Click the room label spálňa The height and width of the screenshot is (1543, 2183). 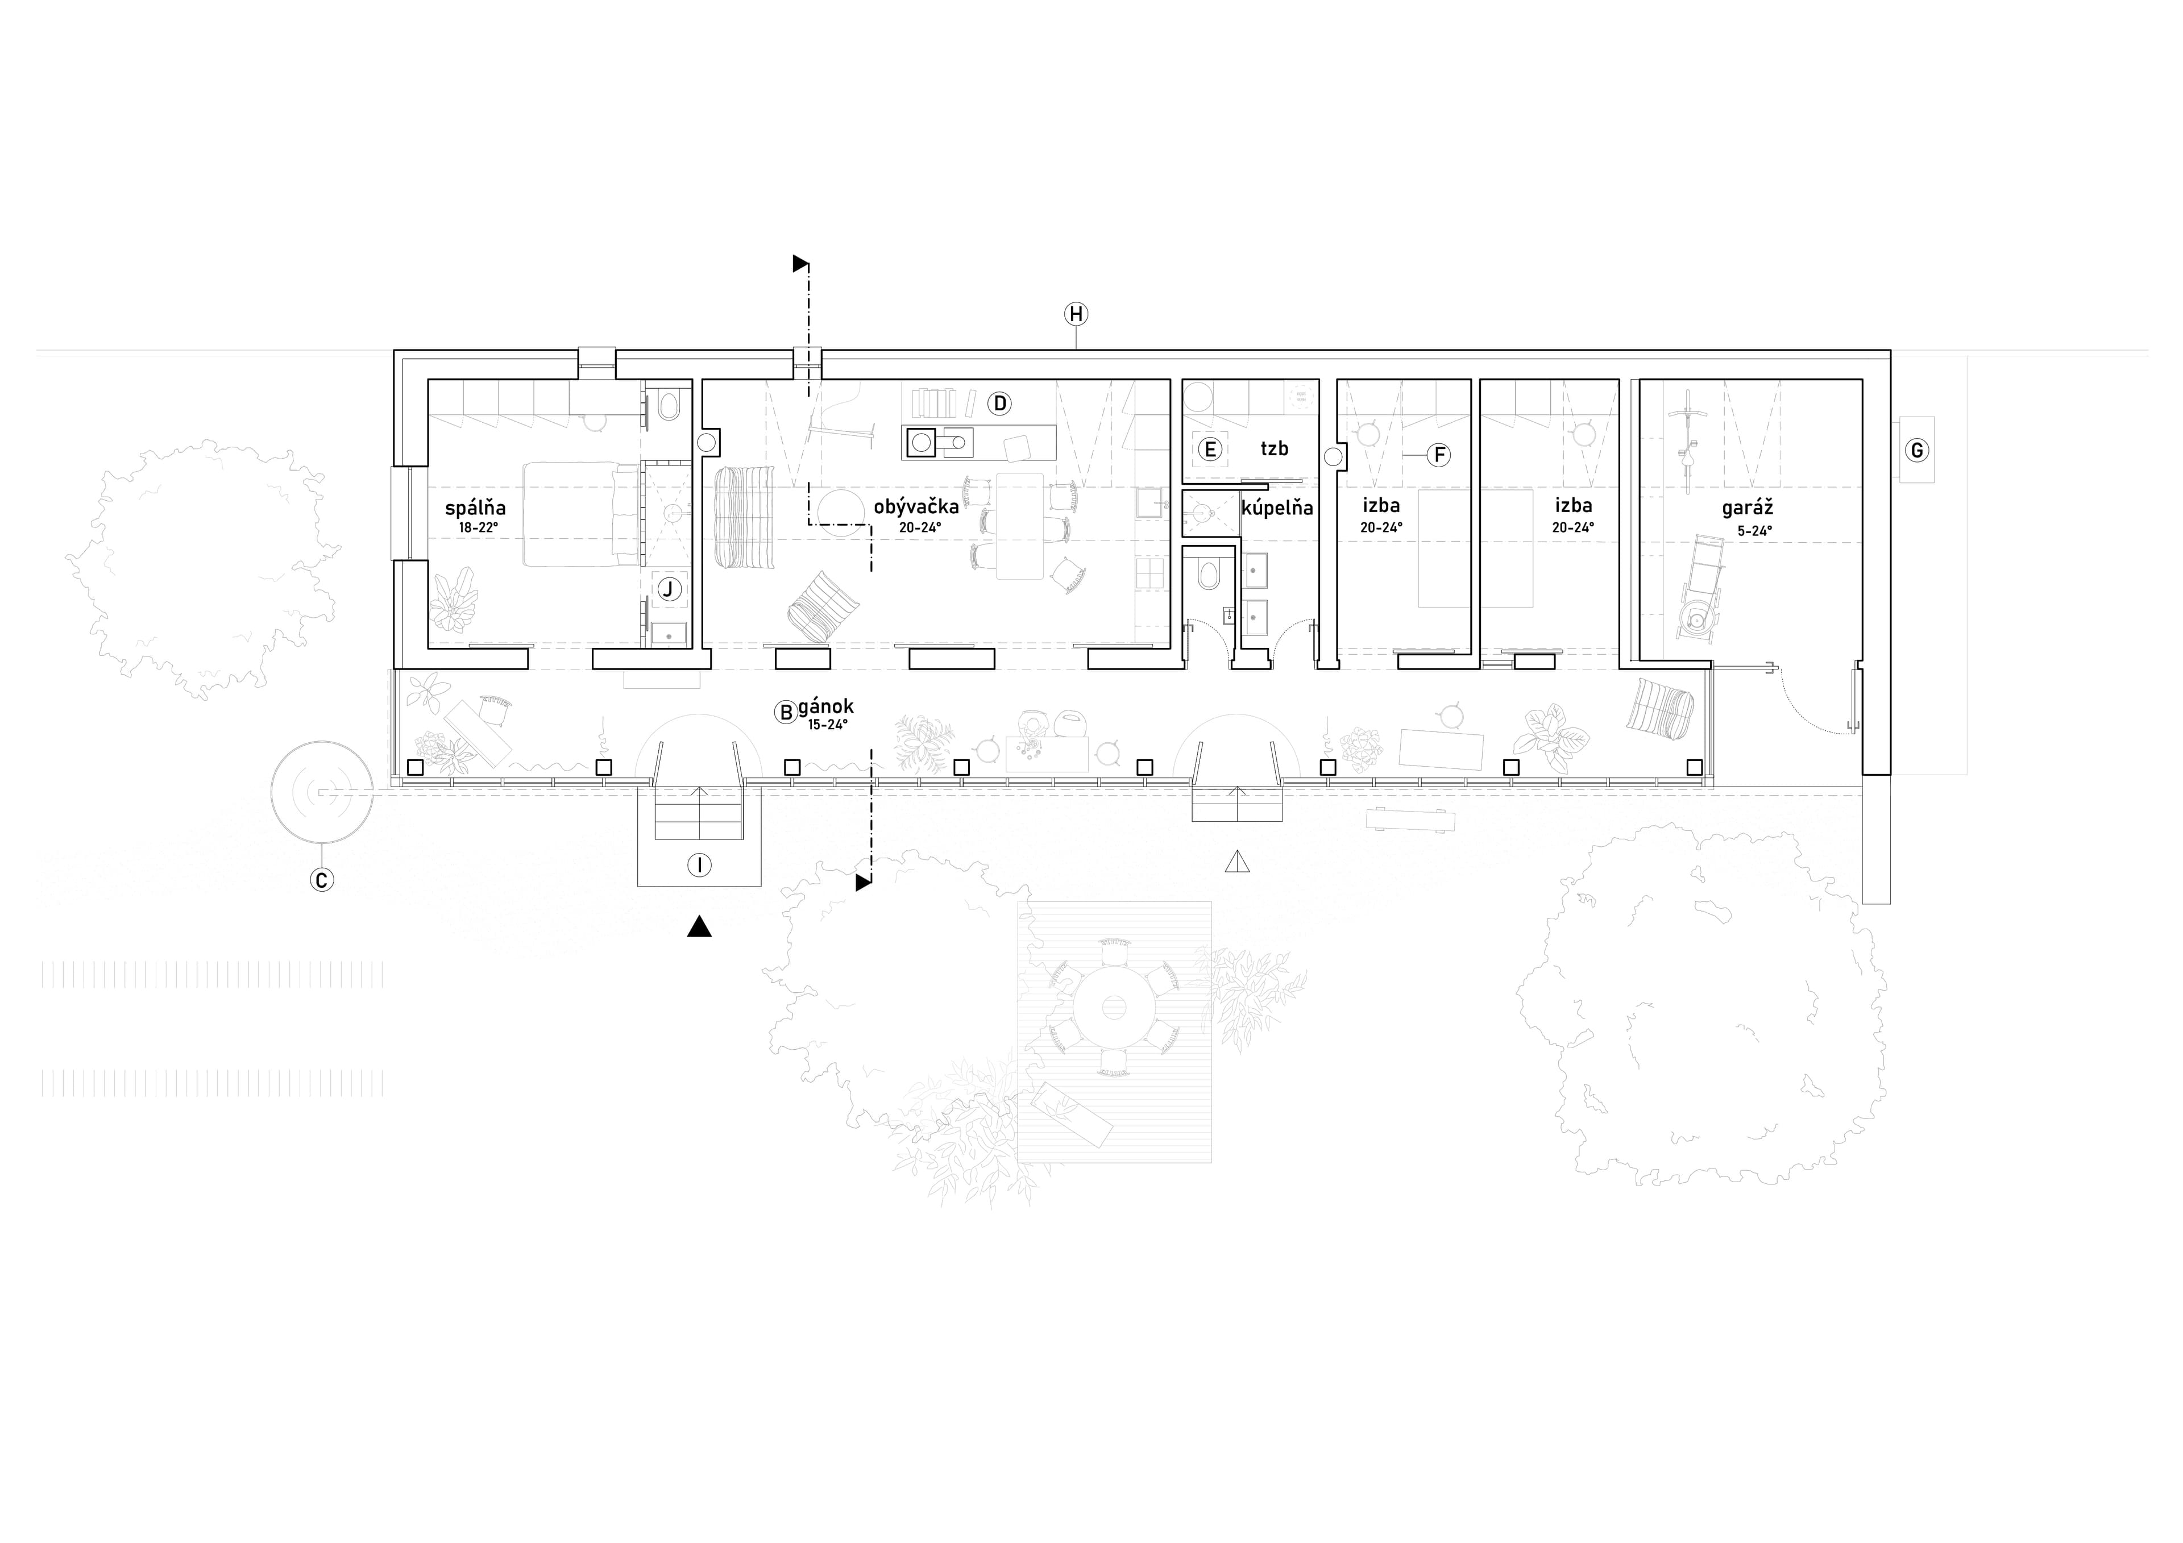pos(475,509)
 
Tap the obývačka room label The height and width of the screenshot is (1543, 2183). pos(916,507)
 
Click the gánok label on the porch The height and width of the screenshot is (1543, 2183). pos(826,708)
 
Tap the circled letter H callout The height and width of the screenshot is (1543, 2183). pos(1076,314)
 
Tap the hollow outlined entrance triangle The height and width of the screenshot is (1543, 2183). pos(1236,862)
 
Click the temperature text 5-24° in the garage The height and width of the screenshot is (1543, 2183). pos(1754,531)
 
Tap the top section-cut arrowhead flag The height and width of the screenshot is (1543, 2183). pos(800,263)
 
